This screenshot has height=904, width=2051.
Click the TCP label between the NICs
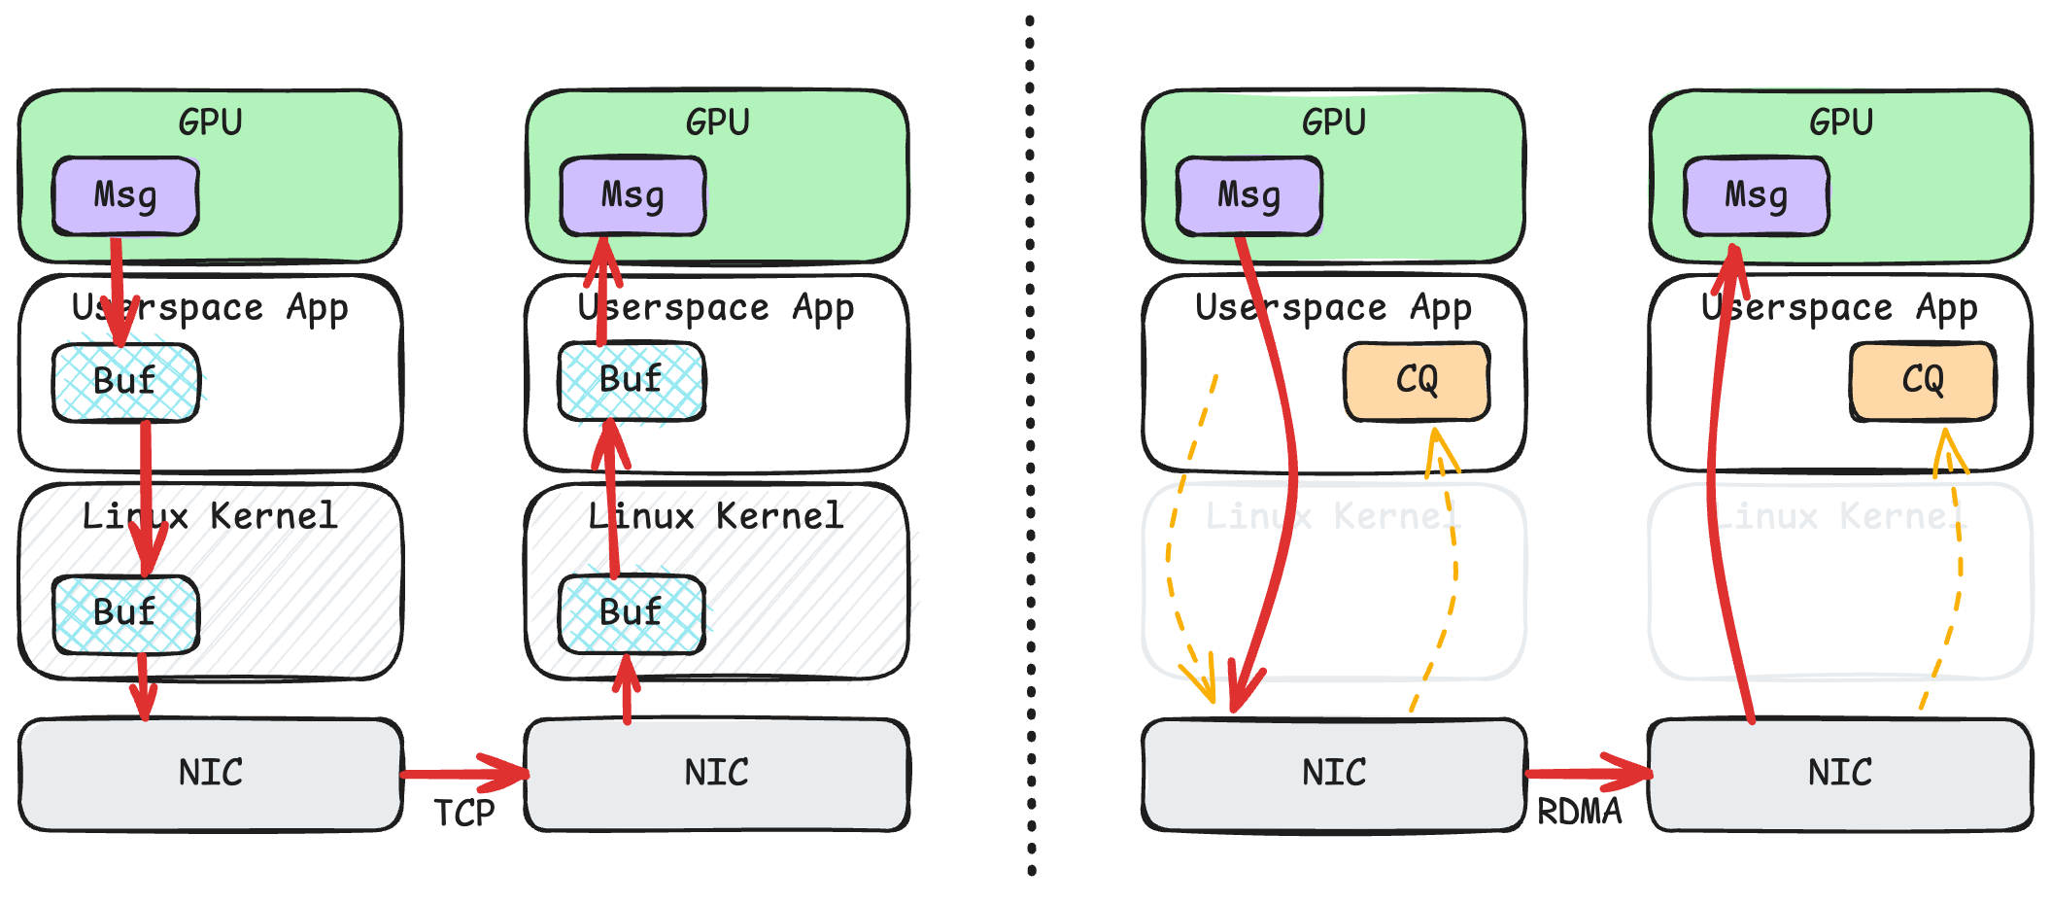pyautogui.click(x=463, y=813)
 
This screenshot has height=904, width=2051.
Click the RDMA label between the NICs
pyautogui.click(x=1579, y=811)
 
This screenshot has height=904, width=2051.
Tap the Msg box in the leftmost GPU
pyautogui.click(x=125, y=195)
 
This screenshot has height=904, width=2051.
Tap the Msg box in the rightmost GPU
pyautogui.click(x=1756, y=195)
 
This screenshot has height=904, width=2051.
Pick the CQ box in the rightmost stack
pyautogui.click(x=1923, y=380)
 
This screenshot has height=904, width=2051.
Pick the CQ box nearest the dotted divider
pyautogui.click(x=1417, y=380)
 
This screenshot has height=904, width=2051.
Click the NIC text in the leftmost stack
pyautogui.click(x=211, y=773)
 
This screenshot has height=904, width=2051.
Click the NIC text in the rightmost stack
pyautogui.click(x=1839, y=773)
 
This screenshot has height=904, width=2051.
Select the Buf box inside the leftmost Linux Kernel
pyautogui.click(x=125, y=613)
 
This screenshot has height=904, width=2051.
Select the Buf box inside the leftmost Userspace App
pyautogui.click(x=125, y=380)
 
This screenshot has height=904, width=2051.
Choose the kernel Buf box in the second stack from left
pyautogui.click(x=632, y=613)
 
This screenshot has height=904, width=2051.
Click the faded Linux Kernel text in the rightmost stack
pyautogui.click(x=1841, y=516)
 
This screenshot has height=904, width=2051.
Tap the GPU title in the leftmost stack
pyautogui.click(x=210, y=122)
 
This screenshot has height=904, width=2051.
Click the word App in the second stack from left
pyautogui.click(x=823, y=308)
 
